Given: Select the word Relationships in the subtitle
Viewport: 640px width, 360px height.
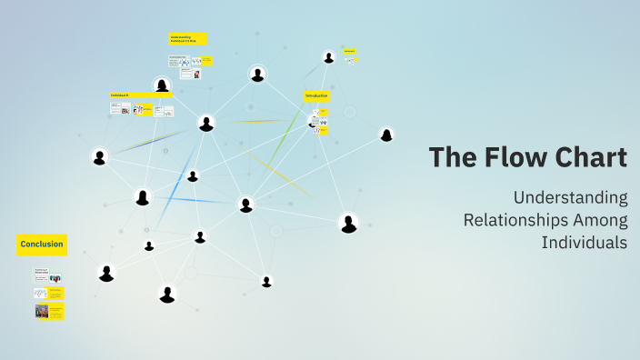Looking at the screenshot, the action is point(514,220).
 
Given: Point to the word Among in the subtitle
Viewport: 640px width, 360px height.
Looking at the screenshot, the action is point(599,220).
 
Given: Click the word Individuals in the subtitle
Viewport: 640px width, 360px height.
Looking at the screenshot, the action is point(585,243).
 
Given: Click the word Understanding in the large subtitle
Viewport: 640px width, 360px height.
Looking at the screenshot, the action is point(570,197).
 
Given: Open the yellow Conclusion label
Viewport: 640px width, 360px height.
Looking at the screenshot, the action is point(42,244).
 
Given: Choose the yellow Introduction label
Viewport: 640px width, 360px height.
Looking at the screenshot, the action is point(316,95).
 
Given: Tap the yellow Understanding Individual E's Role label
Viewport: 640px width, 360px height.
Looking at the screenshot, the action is point(187,39).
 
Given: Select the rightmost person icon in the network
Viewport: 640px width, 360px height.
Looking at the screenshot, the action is point(386,135).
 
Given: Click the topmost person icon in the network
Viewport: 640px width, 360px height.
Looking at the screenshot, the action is point(328,56).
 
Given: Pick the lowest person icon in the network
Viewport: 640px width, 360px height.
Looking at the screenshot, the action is point(166,294).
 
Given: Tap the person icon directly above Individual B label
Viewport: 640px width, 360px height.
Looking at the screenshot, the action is point(162,85).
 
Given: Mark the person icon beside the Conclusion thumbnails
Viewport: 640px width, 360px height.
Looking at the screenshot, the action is point(106,273).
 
